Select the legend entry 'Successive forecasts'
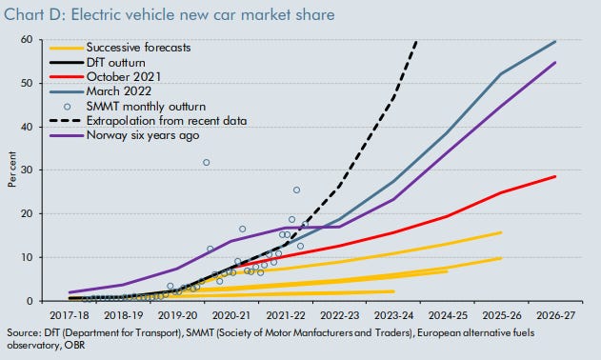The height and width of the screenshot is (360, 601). coord(138,48)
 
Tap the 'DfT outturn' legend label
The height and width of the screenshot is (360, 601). coord(116,63)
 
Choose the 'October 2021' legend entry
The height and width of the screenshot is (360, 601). coord(124,77)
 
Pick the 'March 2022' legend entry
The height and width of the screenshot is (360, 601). coord(119,91)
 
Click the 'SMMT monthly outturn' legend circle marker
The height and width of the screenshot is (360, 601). coord(67,107)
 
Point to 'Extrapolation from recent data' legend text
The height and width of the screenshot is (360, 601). coord(167,121)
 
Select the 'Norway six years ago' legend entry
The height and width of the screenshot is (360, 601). coord(143,135)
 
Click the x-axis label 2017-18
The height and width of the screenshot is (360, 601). coord(70,315)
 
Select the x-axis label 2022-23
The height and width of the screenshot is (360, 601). coord(340,315)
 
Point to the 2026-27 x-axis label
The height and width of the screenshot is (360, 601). coord(556,315)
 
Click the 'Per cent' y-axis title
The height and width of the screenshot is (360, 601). coord(12,170)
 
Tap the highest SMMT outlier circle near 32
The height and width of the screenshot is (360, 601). coord(207,163)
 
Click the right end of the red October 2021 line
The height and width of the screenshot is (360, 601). coord(555,176)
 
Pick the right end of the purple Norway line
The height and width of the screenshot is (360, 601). coord(555,62)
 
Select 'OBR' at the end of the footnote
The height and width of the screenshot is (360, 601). coord(74,345)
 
